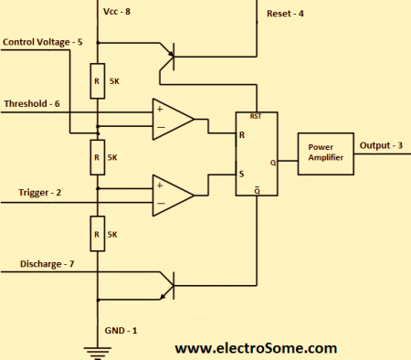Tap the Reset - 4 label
(286, 14)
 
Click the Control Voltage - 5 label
(42, 43)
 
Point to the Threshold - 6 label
(32, 104)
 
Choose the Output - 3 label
(379, 145)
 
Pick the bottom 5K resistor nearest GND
(97, 234)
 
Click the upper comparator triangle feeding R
(172, 120)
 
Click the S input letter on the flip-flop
(242, 173)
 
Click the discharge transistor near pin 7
(167, 284)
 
